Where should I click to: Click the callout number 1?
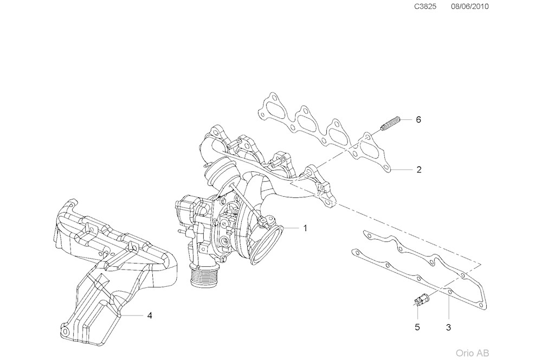pos(305,228)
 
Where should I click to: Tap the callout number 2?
pos(419,170)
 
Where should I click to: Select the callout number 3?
pos(448,327)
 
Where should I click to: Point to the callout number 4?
pos(149,314)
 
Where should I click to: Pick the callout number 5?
pos(417,327)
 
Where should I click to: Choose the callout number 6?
pos(418,119)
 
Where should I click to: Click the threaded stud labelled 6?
pos(390,123)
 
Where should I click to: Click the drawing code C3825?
pos(425,7)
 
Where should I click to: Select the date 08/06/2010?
pos(469,7)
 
